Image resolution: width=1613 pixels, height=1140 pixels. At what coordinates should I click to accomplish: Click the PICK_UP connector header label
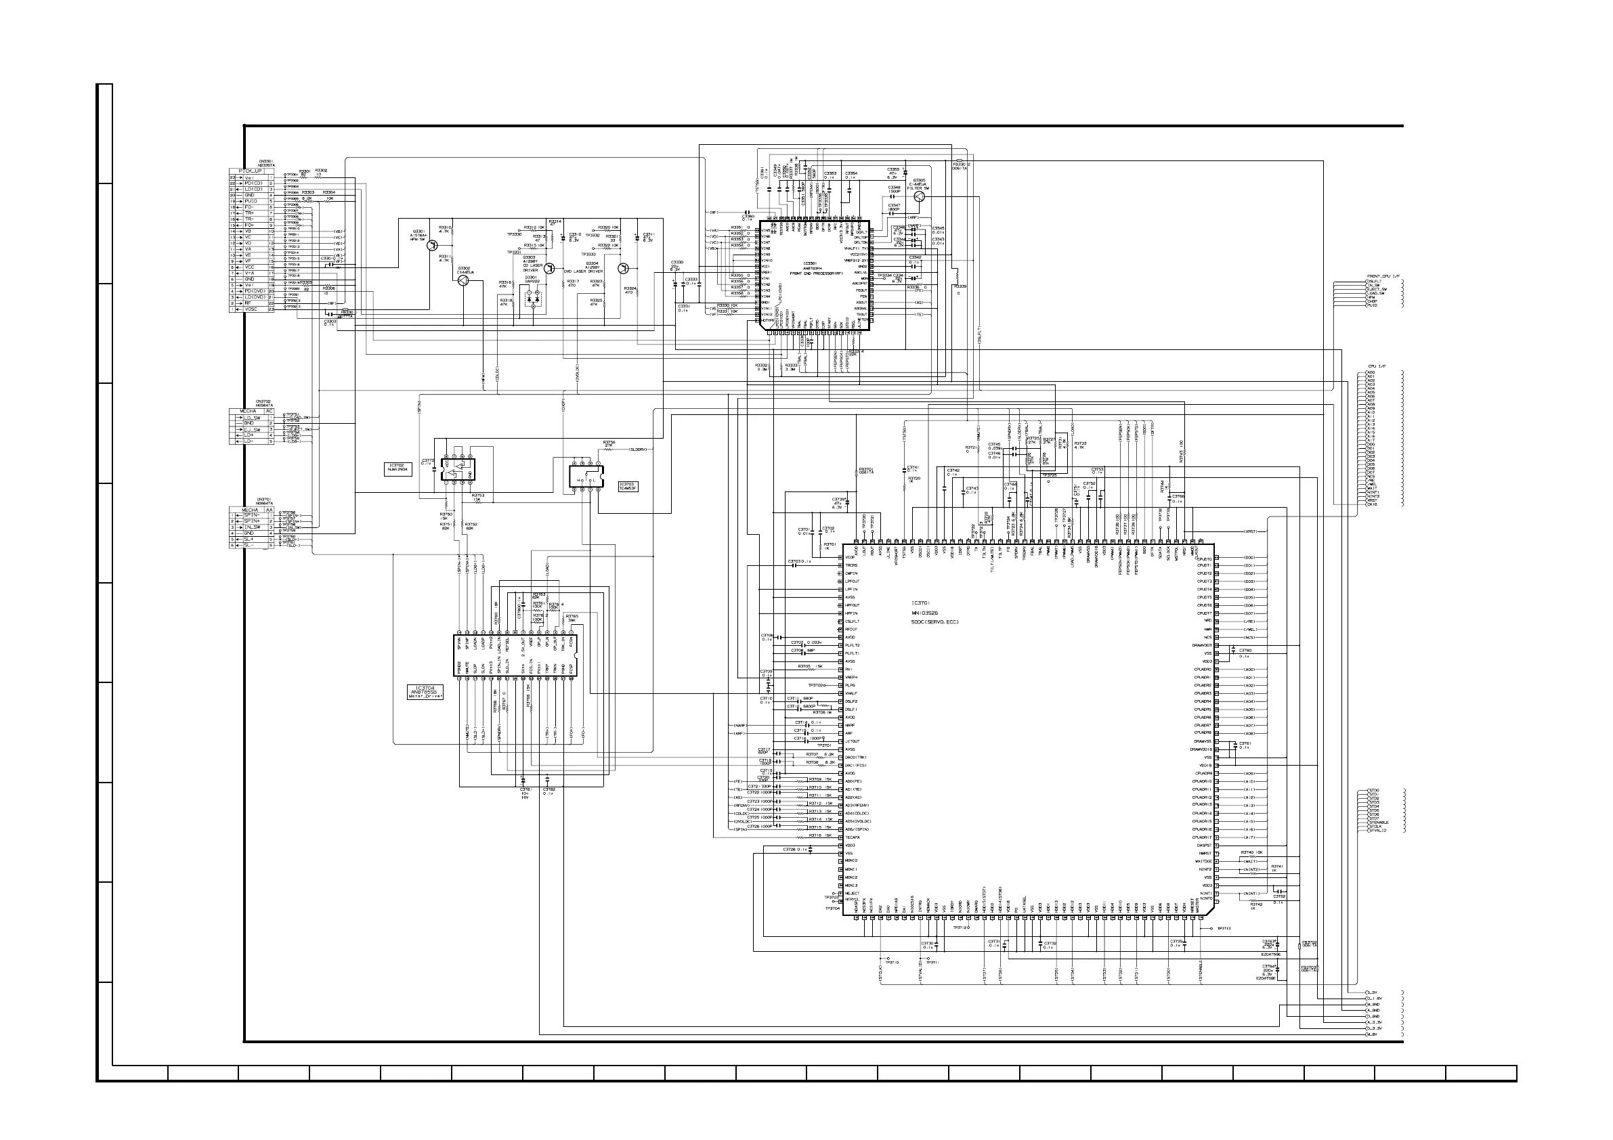(x=250, y=171)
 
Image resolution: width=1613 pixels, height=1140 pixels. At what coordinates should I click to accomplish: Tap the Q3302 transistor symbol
(x=463, y=280)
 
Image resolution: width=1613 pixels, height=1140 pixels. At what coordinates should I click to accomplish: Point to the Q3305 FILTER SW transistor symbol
(x=919, y=197)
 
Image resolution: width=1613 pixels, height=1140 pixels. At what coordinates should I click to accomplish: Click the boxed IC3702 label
(x=397, y=468)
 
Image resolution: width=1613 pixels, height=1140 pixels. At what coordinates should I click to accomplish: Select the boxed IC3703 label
(x=628, y=486)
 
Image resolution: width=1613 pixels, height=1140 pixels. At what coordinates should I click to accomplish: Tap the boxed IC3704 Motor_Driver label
(x=427, y=692)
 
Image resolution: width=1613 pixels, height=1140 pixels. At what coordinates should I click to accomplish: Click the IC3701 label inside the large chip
(x=921, y=602)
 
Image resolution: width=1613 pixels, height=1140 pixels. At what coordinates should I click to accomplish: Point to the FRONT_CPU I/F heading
(x=1383, y=276)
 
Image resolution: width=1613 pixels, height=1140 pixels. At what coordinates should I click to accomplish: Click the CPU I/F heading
(x=1376, y=367)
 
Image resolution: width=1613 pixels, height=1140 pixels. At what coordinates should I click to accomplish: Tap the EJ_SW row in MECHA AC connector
(x=253, y=429)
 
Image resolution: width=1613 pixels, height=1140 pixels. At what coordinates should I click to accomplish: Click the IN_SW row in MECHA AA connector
(x=253, y=527)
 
